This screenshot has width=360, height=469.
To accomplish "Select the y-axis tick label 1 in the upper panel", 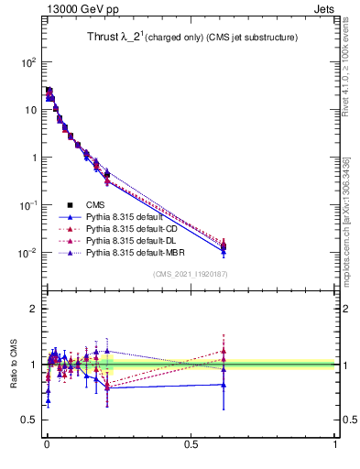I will (32, 158).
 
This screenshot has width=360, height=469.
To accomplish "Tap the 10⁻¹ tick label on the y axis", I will (27, 205).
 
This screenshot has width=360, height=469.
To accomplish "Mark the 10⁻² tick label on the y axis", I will (27, 253).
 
